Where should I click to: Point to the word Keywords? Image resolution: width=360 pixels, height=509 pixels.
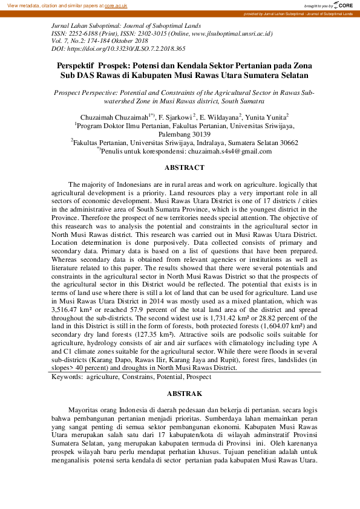point(67,377)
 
